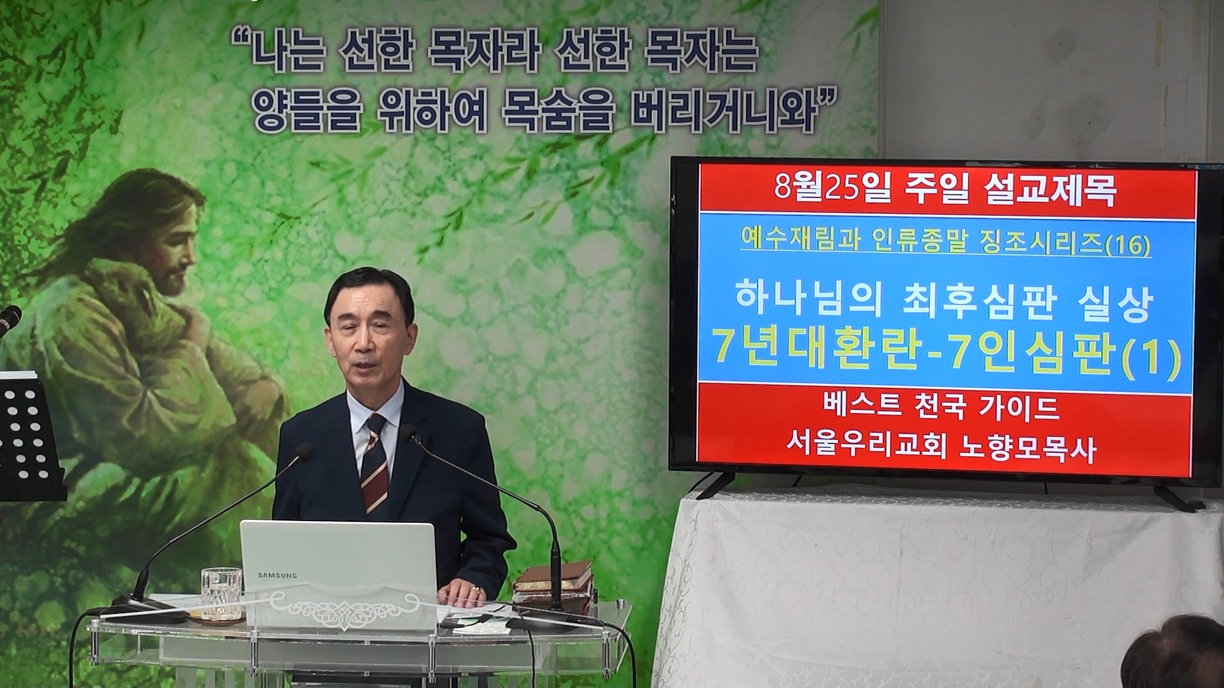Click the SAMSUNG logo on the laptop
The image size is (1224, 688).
277,575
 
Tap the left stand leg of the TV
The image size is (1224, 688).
715,484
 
